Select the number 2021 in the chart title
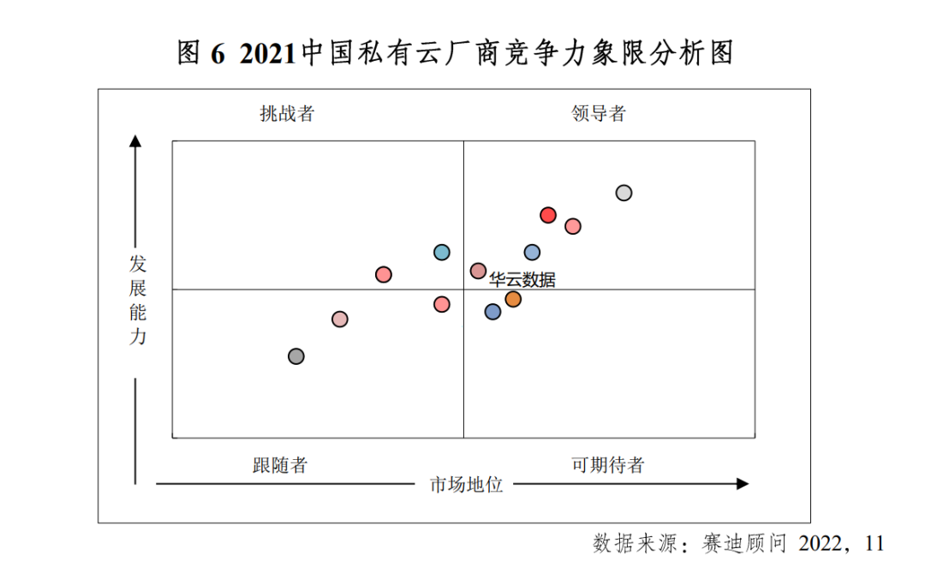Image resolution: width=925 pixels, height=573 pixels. click(266, 53)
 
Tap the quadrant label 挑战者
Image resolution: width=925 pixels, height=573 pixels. click(287, 114)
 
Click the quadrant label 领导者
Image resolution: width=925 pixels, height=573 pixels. click(599, 114)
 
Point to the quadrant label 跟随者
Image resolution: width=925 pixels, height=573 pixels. click(280, 466)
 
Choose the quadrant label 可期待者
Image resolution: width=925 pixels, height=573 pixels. click(607, 466)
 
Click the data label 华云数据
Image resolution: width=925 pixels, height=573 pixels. click(522, 280)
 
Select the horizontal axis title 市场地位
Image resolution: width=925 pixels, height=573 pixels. click(466, 485)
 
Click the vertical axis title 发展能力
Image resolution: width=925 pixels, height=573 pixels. click(138, 300)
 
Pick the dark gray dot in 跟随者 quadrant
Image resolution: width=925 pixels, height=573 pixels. click(296, 356)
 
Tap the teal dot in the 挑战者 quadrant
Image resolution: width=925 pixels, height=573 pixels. click(442, 252)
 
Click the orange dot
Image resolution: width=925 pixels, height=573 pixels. click(513, 299)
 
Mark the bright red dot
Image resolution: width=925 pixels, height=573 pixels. click(548, 215)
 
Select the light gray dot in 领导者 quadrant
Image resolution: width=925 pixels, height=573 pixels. click(624, 193)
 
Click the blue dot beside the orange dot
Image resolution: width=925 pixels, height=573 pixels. click(492, 312)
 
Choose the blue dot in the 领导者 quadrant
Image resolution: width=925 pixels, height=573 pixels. click(532, 252)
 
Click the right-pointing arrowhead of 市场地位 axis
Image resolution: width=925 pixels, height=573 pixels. click(743, 484)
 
